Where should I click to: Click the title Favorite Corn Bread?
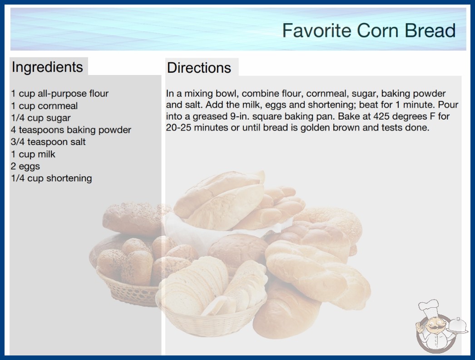(369, 30)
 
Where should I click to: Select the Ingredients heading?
(47, 67)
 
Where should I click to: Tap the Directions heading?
(199, 68)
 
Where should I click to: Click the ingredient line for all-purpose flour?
(59, 94)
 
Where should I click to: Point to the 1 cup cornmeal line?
(44, 106)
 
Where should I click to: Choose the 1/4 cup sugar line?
(40, 118)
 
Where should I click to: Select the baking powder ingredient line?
(71, 130)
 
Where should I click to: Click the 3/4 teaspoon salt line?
(48, 142)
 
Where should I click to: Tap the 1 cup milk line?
(33, 154)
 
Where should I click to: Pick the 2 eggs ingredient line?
(25, 166)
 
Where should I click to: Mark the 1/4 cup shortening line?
(51, 178)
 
